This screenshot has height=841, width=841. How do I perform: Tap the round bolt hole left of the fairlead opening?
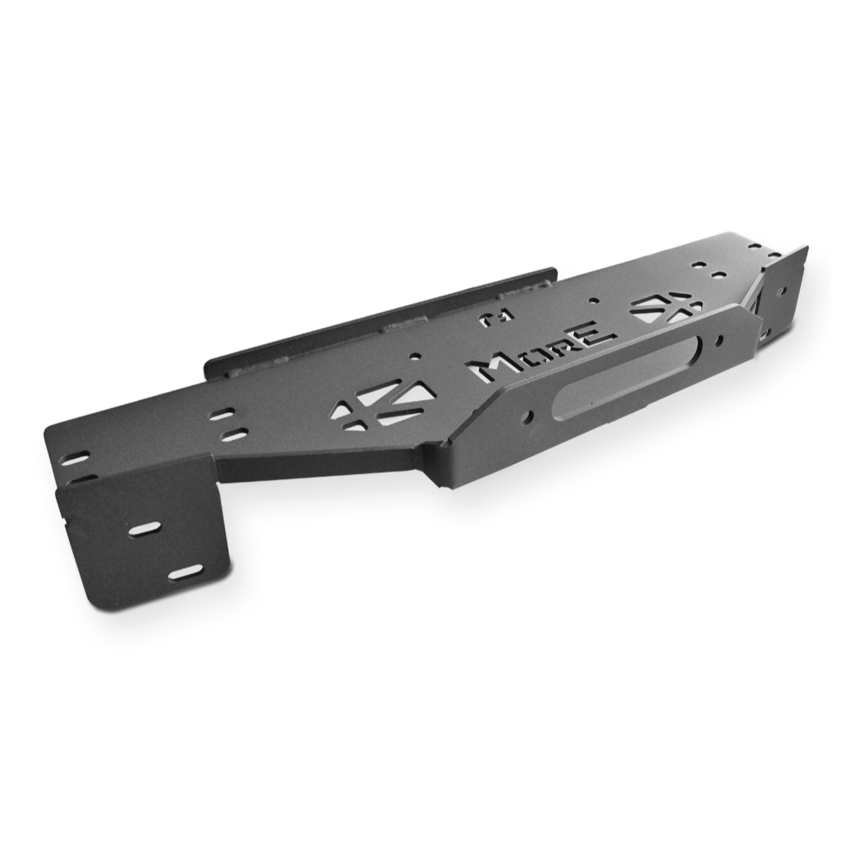coord(529,416)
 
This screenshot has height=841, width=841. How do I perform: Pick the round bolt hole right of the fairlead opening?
coord(719,339)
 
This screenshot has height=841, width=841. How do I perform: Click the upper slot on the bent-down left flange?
coord(144,528)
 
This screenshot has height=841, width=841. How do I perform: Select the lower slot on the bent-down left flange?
coord(186,573)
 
